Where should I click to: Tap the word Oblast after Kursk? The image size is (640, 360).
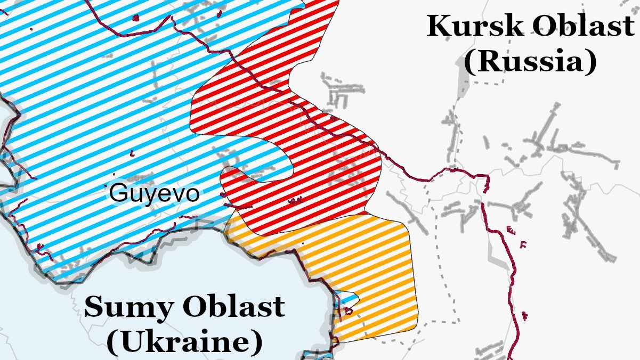[583, 26]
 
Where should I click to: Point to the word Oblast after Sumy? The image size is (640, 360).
[233, 308]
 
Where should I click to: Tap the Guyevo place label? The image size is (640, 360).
[154, 193]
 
